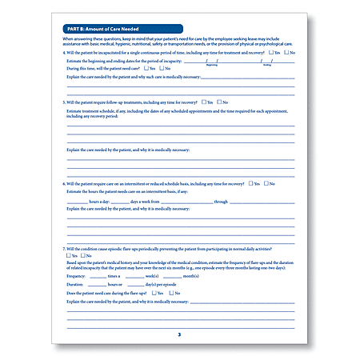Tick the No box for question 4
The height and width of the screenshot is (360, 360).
click(x=286, y=52)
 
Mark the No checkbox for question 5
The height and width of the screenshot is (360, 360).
click(x=218, y=102)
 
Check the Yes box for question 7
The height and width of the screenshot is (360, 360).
click(x=69, y=256)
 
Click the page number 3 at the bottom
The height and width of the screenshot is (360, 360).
click(x=179, y=333)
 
